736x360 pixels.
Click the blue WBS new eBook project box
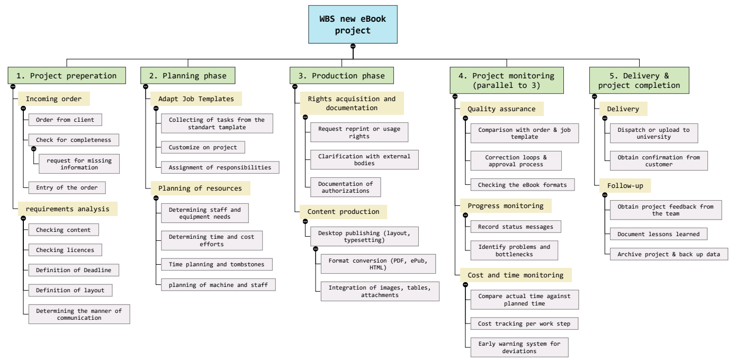click(x=353, y=24)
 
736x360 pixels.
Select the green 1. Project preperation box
click(x=67, y=76)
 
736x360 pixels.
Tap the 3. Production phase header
click(x=342, y=76)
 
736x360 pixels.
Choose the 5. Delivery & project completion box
click(x=639, y=80)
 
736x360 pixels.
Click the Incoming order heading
click(x=54, y=99)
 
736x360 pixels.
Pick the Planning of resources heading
click(x=200, y=188)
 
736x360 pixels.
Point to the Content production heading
click(x=343, y=212)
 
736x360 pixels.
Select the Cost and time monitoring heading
click(x=515, y=275)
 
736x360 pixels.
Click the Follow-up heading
click(x=625, y=186)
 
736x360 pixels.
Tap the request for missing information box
click(x=79, y=164)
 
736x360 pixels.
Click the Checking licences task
click(x=65, y=250)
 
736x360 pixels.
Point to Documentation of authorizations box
click(x=345, y=187)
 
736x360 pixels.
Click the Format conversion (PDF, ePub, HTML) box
click(x=379, y=264)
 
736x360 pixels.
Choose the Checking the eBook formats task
click(x=523, y=185)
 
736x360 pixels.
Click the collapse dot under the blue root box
click(x=353, y=46)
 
